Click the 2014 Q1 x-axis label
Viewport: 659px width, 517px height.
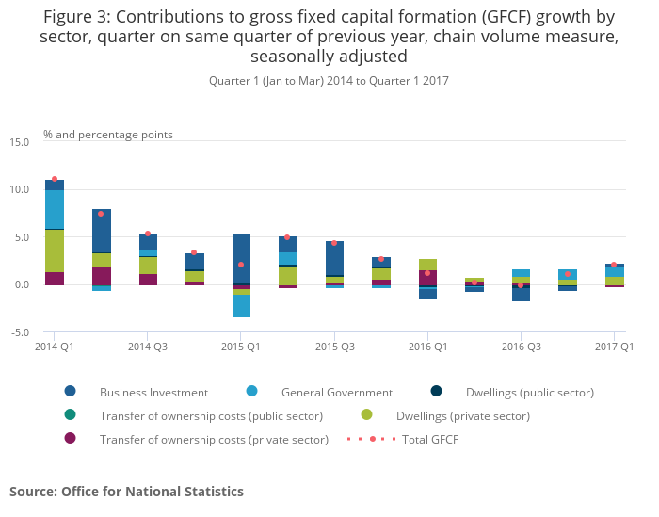[55, 347]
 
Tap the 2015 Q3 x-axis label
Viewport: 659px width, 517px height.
[334, 347]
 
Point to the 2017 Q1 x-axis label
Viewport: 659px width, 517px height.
[613, 347]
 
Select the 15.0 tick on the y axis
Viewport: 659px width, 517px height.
[19, 142]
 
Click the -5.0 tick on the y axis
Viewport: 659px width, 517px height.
[20, 332]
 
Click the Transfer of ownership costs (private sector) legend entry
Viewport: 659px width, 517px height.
[214, 439]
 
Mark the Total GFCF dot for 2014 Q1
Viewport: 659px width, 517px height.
[55, 179]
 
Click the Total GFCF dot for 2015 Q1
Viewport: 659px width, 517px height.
[241, 265]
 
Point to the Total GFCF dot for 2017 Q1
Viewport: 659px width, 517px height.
[614, 265]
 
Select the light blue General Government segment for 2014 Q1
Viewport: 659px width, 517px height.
[55, 209]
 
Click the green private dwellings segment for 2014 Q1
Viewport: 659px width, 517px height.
[55, 250]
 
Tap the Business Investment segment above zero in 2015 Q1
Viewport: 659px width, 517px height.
[241, 258]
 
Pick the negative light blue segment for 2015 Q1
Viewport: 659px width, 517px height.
[241, 306]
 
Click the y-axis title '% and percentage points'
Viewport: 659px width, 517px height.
[108, 135]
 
